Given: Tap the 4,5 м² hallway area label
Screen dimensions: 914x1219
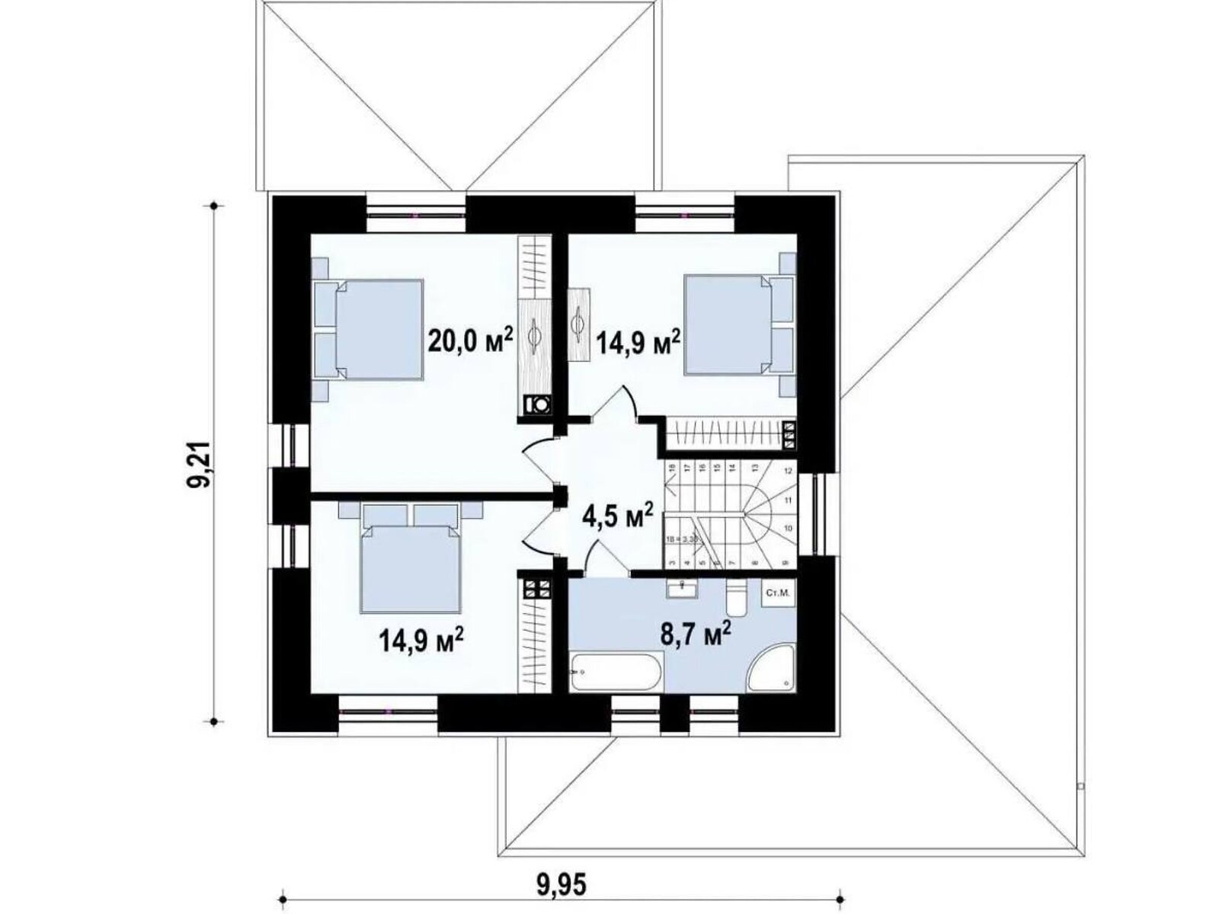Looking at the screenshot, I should coord(617,517).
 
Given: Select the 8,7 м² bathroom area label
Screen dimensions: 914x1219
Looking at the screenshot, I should coord(696,634).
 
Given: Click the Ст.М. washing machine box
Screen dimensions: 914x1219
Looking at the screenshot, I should coord(779,592).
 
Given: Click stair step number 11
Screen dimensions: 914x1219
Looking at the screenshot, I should coord(789,500).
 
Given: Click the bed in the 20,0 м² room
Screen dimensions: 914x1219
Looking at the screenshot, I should coord(378,329).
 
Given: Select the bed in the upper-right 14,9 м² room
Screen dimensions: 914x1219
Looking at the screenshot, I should coord(727,325).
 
